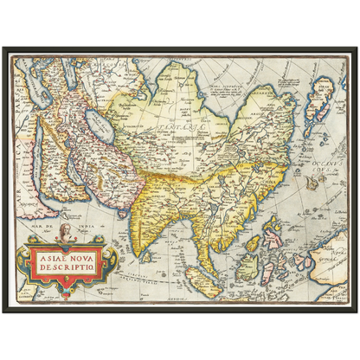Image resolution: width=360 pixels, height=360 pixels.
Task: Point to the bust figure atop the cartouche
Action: (x=64, y=233)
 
